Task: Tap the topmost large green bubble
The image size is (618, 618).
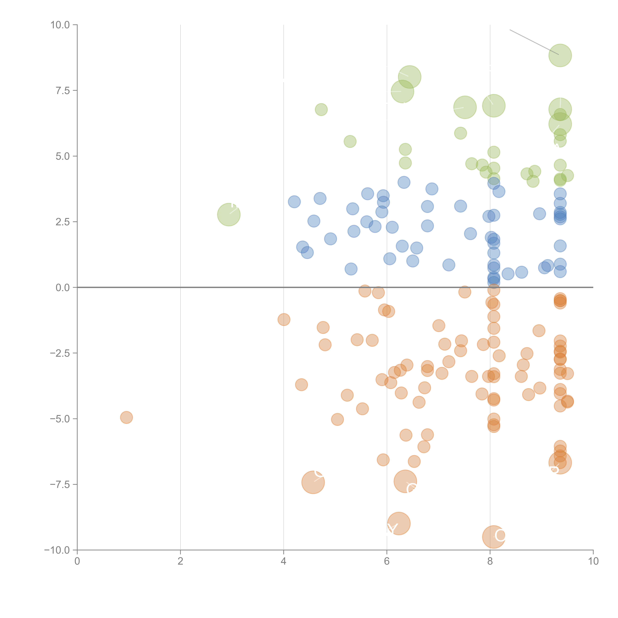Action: (x=560, y=55)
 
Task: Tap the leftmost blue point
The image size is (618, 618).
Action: (x=294, y=202)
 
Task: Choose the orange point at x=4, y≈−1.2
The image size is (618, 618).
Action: (x=284, y=320)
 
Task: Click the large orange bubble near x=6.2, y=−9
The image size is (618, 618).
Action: (x=399, y=523)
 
